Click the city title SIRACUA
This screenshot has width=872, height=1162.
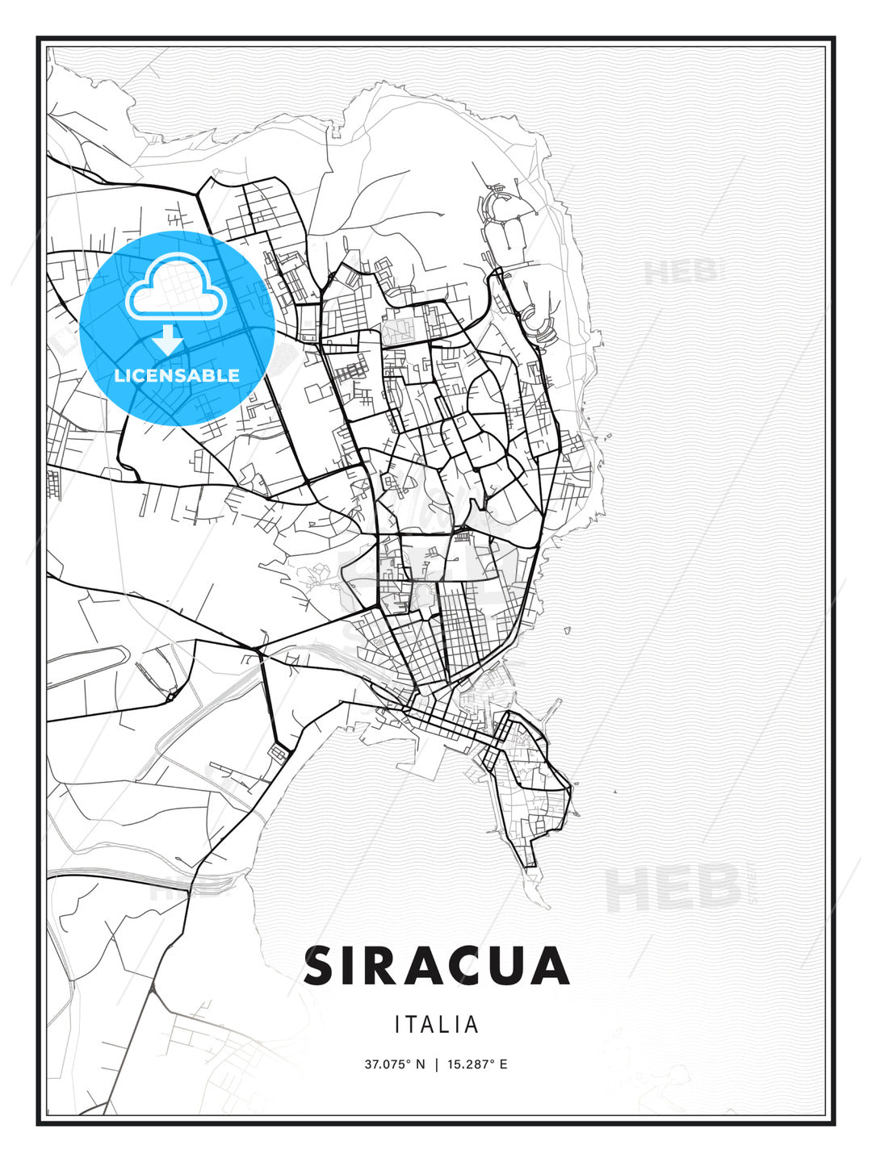point(437,966)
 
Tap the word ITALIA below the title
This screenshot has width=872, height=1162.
point(437,1025)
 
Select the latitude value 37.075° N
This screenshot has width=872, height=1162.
point(394,1064)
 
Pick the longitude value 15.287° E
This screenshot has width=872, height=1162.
point(476,1064)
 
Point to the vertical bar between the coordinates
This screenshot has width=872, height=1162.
point(437,1064)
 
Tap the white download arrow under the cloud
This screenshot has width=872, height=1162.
point(169,340)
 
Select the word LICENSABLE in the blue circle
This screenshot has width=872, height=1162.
point(177,375)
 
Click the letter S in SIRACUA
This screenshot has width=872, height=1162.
point(321,966)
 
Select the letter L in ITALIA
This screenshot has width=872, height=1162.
point(451,1025)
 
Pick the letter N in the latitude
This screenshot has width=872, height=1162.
point(420,1064)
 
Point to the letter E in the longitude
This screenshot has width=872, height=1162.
point(503,1064)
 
